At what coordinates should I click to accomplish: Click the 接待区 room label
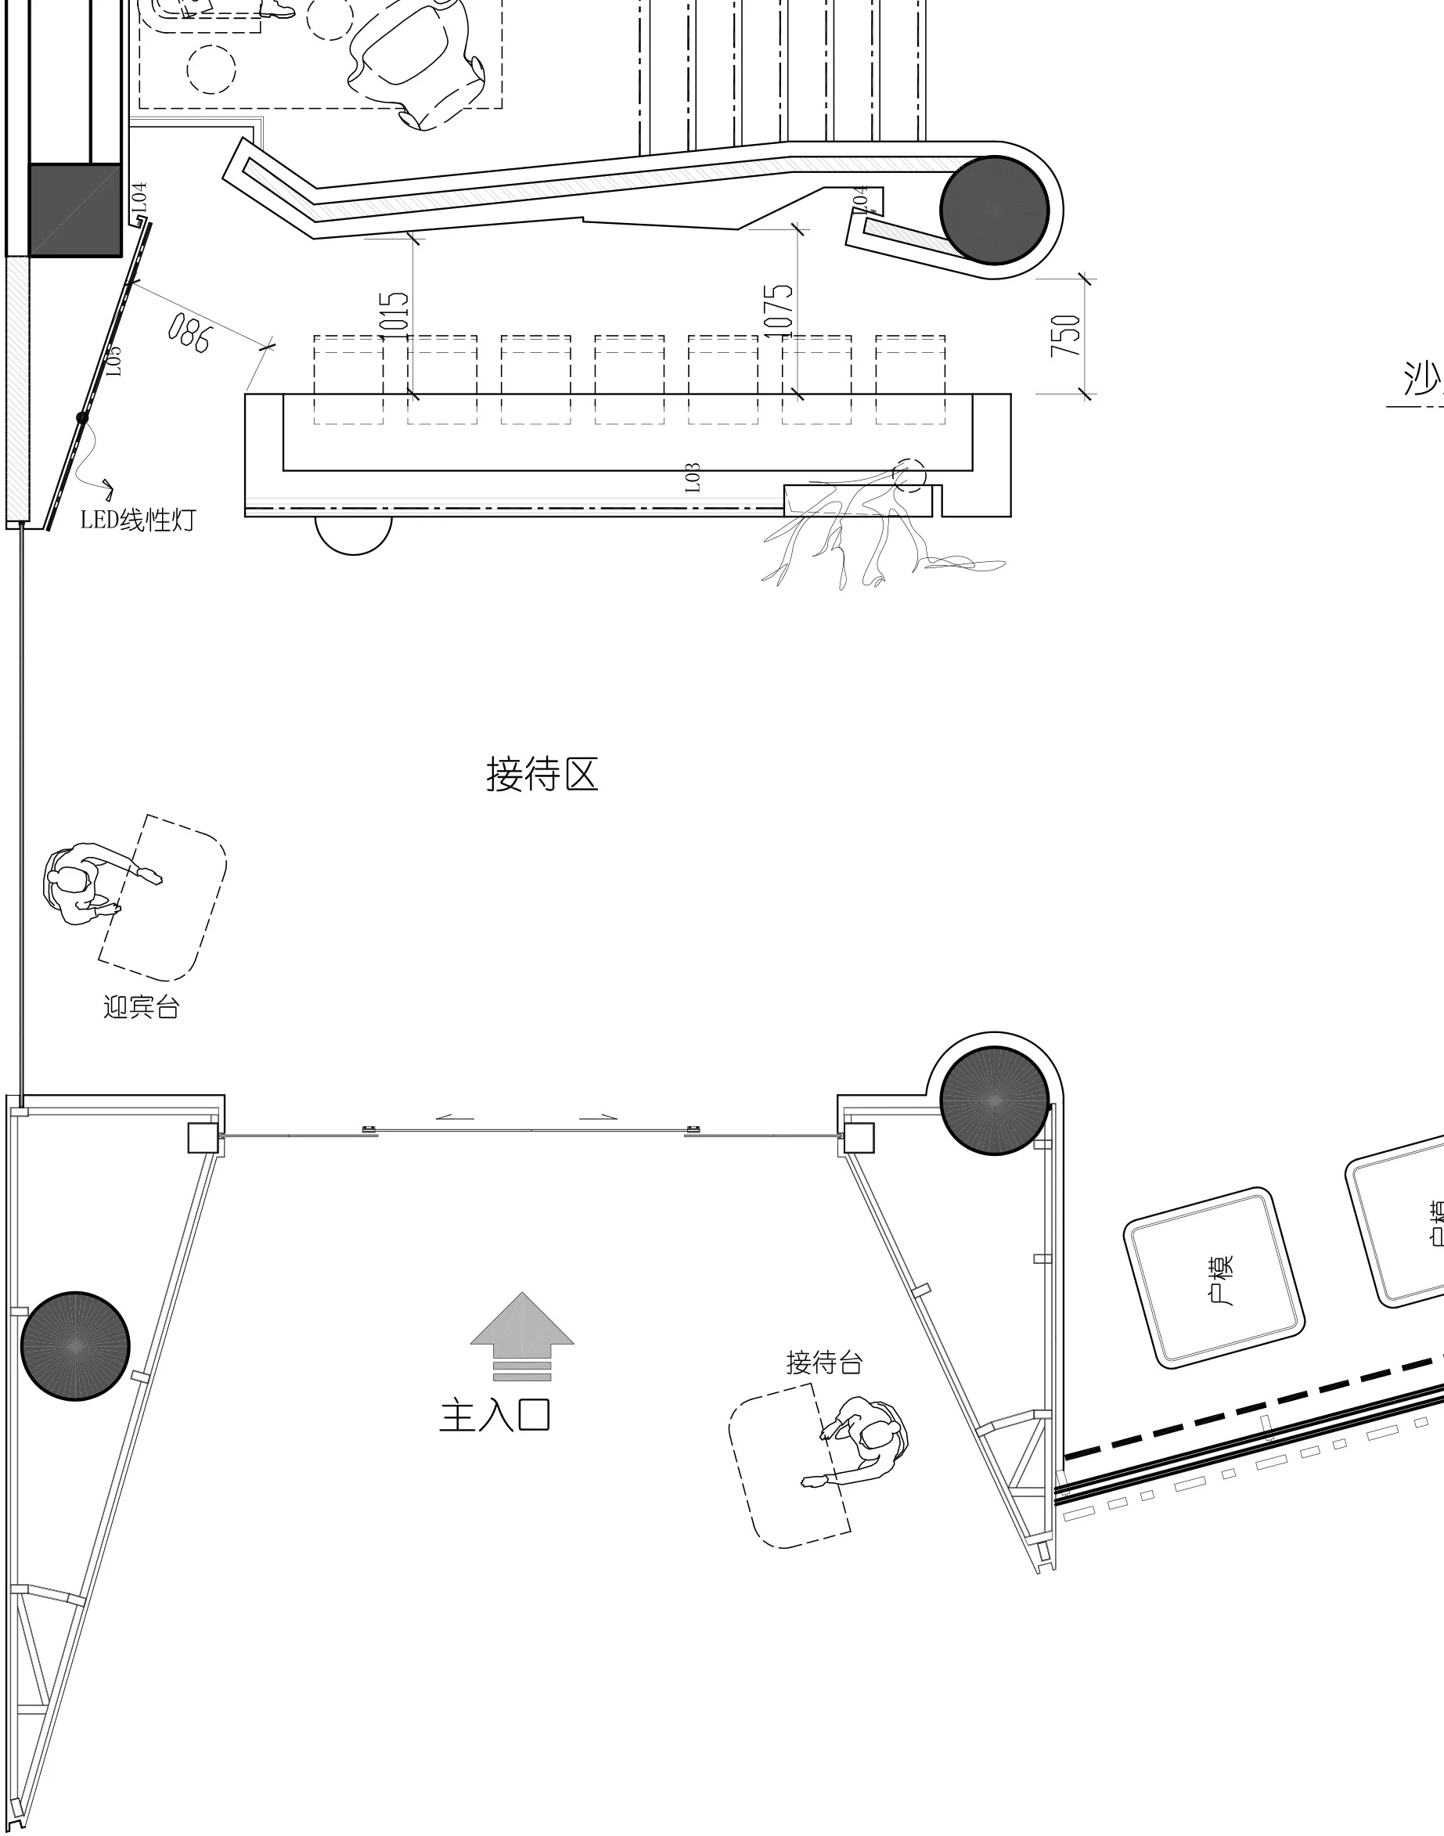pos(542,774)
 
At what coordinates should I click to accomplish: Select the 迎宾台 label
pos(141,1006)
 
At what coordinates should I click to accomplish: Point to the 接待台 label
pos(823,1362)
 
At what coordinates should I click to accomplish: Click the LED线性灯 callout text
pos(138,519)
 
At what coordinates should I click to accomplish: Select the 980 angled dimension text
pos(188,333)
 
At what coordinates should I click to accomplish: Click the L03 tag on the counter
pos(693,477)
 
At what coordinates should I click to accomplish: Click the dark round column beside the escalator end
pos(994,210)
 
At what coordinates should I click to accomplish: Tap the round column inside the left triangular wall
pos(75,1346)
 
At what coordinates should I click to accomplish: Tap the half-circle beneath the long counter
pos(354,532)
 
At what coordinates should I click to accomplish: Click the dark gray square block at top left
pos(74,210)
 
